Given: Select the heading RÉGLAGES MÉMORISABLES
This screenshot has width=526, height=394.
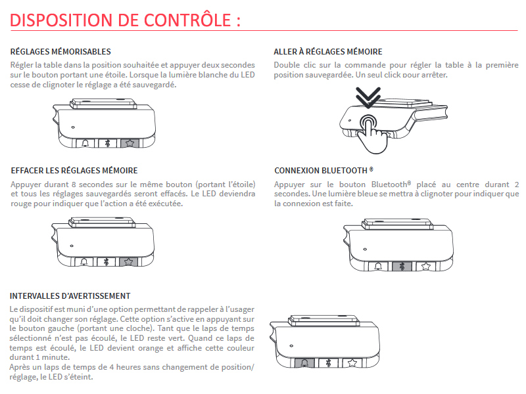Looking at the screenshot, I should tap(60, 52).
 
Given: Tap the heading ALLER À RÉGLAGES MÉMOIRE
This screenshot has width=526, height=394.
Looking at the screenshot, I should tap(328, 52).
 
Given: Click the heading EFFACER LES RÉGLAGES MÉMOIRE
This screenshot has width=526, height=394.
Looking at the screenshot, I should tap(74, 171).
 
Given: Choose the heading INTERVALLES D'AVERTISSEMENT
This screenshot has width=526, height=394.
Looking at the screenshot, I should tap(70, 296).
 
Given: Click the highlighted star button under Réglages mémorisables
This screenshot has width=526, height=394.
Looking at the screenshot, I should tap(130, 142).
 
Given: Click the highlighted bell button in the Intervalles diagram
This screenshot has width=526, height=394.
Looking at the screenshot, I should tap(304, 363).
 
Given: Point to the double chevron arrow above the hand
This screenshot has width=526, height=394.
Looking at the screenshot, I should tap(368, 99).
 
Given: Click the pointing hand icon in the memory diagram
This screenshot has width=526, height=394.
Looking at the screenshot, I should tap(372, 129).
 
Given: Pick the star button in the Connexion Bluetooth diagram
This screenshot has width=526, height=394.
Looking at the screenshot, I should tap(425, 267).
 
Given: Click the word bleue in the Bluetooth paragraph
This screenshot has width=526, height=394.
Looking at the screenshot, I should tap(356, 194).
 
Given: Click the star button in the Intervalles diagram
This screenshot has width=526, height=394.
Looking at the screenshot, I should tap(352, 363).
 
